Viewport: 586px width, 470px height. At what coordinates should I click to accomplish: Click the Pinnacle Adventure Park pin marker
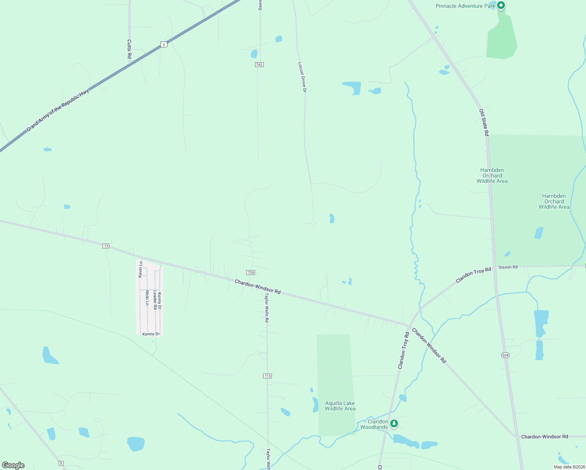click(501, 5)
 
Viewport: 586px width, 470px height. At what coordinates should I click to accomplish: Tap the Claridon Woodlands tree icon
click(394, 423)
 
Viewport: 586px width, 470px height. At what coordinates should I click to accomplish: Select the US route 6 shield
click(164, 45)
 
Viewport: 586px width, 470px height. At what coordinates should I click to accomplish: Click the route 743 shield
click(259, 64)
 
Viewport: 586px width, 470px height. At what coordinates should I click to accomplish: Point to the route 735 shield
click(251, 273)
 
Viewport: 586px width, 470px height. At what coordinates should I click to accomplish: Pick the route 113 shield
click(268, 376)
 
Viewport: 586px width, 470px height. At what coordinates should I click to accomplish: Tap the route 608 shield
click(505, 355)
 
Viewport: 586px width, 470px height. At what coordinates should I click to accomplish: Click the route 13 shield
click(106, 246)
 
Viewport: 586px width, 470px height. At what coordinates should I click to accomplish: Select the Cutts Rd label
click(129, 49)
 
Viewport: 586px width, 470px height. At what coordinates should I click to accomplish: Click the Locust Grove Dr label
click(302, 77)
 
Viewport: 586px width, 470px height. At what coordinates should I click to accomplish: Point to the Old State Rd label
click(484, 123)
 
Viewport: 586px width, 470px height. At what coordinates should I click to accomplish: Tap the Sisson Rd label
click(508, 267)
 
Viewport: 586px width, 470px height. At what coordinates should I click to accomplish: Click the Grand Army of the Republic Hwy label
click(58, 110)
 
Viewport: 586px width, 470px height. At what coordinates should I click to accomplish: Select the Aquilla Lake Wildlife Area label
click(340, 406)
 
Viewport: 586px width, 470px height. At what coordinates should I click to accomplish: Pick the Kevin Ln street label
click(141, 269)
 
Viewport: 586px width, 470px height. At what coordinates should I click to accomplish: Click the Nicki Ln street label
click(147, 298)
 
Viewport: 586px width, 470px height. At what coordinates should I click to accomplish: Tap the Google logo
click(13, 465)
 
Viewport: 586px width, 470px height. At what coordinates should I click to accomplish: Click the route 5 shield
click(61, 463)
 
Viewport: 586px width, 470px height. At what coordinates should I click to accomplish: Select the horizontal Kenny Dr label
click(151, 334)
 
